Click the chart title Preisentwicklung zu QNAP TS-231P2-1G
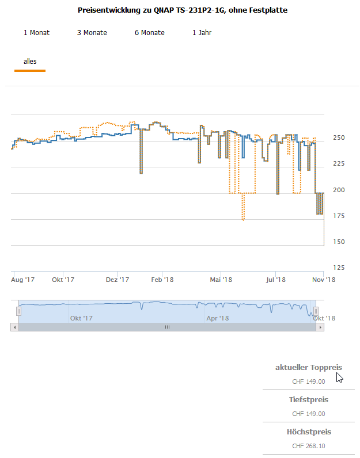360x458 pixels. coord(182,10)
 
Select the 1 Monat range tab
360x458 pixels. coord(36,33)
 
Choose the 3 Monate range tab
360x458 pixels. coord(92,33)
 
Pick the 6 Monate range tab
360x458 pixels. coord(149,33)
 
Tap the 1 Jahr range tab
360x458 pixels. coord(202,33)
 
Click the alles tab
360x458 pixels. coord(30,62)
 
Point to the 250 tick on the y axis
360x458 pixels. coord(338,138)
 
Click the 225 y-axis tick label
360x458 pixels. coord(338,164)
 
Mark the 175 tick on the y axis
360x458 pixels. coord(338,216)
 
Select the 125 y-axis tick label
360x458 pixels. coord(338,268)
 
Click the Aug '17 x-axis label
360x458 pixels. coord(23,280)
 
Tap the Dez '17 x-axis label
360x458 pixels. coord(118,280)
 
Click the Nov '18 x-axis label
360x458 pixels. coord(324,280)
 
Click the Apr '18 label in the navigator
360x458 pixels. coord(217,318)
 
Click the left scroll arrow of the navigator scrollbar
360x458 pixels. coord(14,327)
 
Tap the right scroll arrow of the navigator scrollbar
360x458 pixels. coord(320,327)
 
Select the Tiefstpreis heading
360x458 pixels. coord(308,400)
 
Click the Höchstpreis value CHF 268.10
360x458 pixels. coord(308,446)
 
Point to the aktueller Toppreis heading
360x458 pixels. coord(308,368)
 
